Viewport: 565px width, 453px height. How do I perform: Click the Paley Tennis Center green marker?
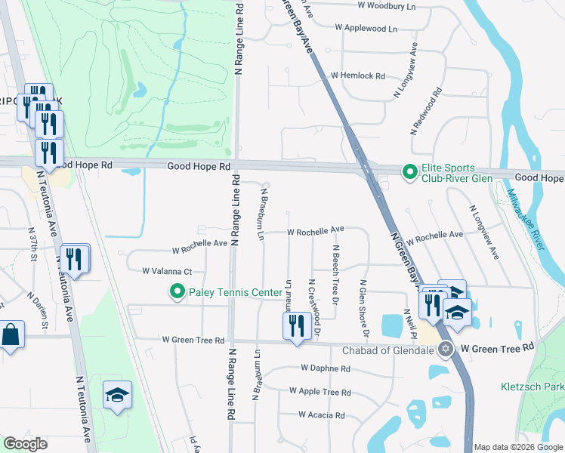pos(178,291)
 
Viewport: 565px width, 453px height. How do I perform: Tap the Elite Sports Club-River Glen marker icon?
pos(409,173)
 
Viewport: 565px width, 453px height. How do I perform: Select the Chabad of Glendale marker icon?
pos(446,348)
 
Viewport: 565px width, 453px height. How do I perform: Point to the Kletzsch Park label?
pos(533,387)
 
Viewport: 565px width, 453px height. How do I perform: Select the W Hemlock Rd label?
pos(358,76)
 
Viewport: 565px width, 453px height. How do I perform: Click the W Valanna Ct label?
pos(168,271)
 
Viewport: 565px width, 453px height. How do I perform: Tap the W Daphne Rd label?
pos(325,369)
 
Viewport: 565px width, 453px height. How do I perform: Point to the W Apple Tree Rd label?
pos(320,393)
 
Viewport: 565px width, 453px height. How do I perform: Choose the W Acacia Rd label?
pos(321,415)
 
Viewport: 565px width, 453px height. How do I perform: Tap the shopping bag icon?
pos(12,334)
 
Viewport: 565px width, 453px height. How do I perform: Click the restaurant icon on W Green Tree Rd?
pos(295,325)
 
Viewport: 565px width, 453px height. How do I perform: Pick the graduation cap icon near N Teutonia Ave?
pos(117,395)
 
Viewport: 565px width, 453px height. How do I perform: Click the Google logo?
pos(25,444)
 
